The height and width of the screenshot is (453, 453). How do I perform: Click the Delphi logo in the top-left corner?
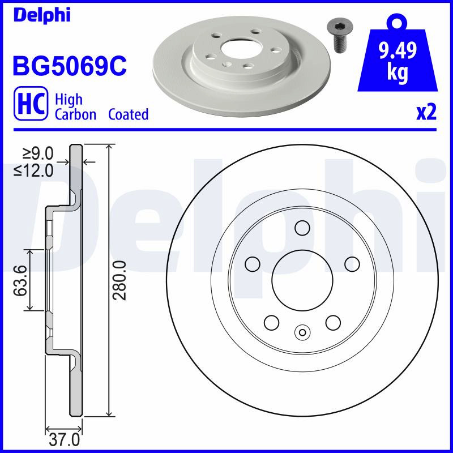(42, 15)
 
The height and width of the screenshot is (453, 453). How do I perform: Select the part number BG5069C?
(70, 66)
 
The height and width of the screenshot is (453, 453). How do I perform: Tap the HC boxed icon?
(31, 103)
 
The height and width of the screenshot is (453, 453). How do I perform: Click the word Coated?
(129, 114)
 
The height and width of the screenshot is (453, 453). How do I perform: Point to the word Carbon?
(75, 114)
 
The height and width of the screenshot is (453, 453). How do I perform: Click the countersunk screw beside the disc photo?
(338, 37)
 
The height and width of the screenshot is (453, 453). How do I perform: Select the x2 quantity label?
(426, 113)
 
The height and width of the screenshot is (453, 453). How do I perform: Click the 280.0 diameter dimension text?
(119, 280)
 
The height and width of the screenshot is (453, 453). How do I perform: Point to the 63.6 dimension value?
(20, 280)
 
